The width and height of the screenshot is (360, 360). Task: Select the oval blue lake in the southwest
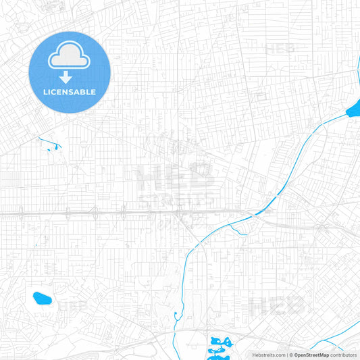[x=42, y=297]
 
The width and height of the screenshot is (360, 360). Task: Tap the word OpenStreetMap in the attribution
[x=311, y=355]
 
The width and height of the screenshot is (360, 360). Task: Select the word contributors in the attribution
[x=344, y=355]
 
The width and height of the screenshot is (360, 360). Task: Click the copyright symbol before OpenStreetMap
[x=291, y=355]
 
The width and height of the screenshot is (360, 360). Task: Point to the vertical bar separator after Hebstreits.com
[x=286, y=355]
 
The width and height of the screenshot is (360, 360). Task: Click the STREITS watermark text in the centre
[x=177, y=200]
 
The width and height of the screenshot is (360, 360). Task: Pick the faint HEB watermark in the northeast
[x=280, y=49]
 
